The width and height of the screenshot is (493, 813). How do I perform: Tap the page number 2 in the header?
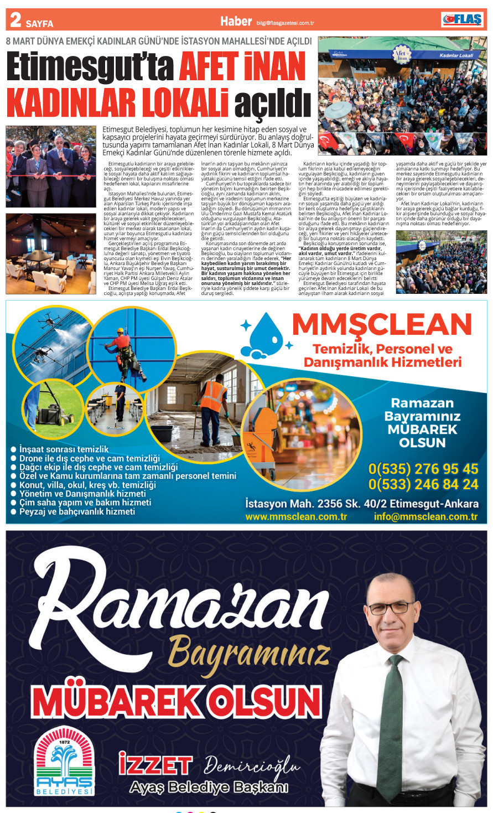[15, 20]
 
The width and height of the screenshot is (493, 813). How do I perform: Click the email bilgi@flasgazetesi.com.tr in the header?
[285, 23]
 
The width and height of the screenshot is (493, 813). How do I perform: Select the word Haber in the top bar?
[236, 21]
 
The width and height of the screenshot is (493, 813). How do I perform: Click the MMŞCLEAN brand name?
[381, 324]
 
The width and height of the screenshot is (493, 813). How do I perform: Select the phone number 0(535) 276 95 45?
[423, 469]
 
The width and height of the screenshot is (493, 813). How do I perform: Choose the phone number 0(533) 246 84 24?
[423, 484]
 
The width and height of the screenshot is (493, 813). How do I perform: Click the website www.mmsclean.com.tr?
[296, 516]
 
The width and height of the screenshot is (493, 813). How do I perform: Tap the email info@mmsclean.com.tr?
[425, 516]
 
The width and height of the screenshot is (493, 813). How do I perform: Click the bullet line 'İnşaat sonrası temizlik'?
[64, 449]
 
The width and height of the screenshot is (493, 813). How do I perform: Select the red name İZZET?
[155, 765]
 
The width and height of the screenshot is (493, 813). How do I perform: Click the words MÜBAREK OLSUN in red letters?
[177, 702]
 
